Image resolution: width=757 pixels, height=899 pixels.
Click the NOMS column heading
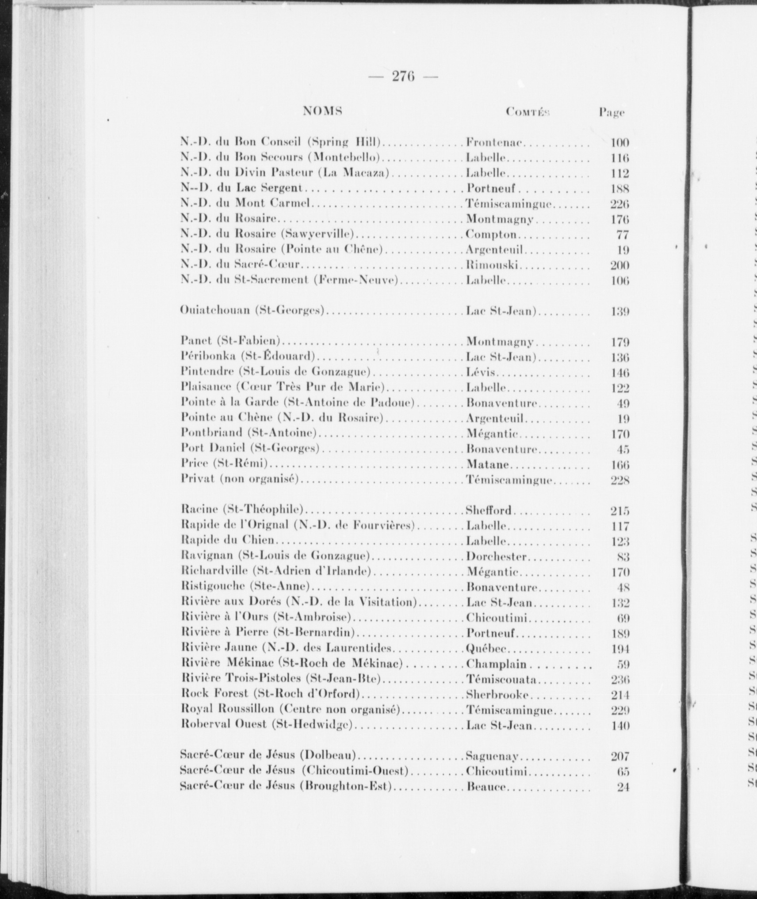point(323,111)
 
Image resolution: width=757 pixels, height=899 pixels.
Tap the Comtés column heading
point(527,112)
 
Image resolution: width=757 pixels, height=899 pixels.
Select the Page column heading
point(612,113)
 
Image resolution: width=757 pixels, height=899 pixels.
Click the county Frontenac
point(495,142)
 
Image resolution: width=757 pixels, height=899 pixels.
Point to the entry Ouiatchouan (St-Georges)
point(252,311)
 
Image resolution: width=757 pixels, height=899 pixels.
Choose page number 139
point(619,312)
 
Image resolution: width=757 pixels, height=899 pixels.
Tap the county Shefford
point(489,511)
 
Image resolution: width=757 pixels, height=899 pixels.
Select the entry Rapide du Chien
point(228,541)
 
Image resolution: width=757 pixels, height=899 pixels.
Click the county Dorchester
point(496,556)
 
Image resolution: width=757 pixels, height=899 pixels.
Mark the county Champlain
point(497,664)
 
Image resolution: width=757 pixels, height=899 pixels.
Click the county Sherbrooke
point(500,695)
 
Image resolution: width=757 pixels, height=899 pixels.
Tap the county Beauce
point(486,787)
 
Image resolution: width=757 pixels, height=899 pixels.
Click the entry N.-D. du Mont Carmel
point(247,204)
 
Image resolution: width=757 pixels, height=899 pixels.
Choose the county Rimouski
point(492,265)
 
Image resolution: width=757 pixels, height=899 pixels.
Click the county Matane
point(488,465)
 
